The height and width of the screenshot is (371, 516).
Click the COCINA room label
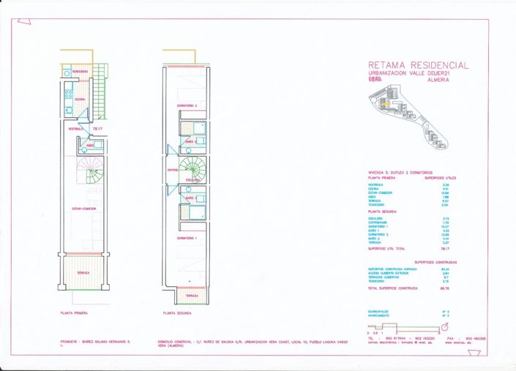point(81,99)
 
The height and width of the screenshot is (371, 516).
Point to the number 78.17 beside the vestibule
point(97,129)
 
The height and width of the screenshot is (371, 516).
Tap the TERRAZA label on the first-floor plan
point(83,273)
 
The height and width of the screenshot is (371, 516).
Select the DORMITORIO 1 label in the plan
point(187,239)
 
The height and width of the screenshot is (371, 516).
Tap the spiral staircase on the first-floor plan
point(94,176)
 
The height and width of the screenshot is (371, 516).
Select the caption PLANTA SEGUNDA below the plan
point(178,312)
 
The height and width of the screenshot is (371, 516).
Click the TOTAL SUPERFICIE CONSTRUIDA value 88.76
point(444,288)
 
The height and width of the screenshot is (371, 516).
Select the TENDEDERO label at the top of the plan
point(80,71)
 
